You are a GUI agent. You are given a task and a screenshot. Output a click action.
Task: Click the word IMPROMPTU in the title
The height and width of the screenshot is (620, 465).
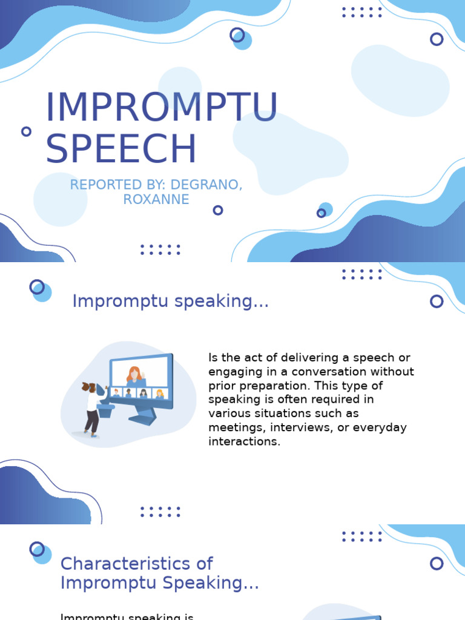[161, 108]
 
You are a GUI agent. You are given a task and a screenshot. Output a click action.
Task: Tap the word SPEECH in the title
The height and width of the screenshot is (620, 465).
[121, 149]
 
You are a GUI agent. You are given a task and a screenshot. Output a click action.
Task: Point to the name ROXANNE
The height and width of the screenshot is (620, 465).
[156, 199]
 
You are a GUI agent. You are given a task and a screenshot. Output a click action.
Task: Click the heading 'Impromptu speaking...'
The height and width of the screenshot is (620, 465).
[170, 301]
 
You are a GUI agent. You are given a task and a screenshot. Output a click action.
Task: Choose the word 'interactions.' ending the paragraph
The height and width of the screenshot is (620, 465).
[245, 441]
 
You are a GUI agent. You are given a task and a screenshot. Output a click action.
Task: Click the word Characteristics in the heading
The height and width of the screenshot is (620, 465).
[127, 564]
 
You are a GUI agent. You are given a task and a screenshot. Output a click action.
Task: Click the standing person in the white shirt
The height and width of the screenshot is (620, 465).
[91, 406]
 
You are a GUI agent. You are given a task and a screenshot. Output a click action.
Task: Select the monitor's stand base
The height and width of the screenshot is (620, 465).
[143, 418]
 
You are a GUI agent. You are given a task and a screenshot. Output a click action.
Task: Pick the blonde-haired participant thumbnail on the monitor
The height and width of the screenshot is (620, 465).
[159, 394]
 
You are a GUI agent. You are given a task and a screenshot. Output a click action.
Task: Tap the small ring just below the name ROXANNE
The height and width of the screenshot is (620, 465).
[218, 210]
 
